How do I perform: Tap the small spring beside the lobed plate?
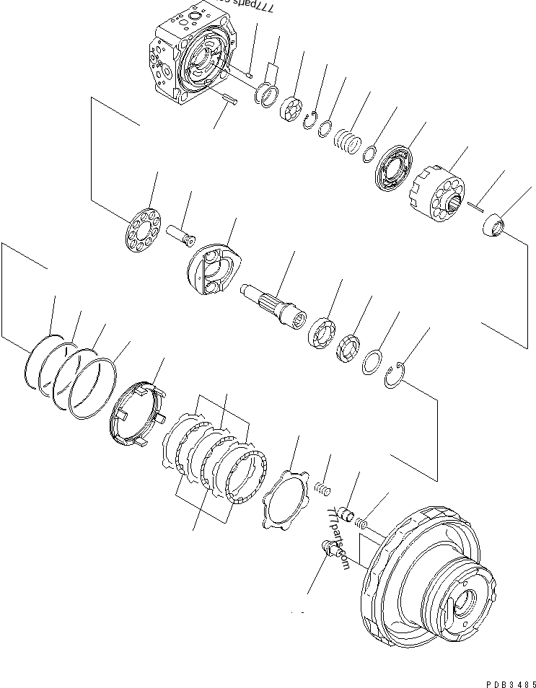click(x=321, y=488)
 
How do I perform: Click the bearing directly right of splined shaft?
click(x=321, y=334)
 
